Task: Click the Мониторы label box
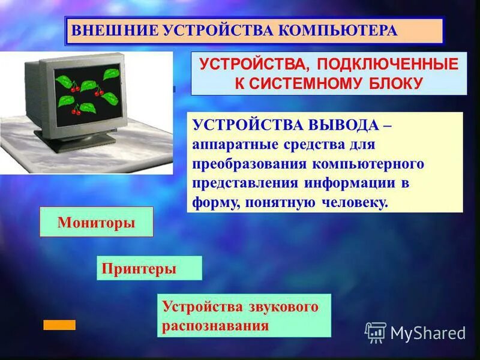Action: click(x=96, y=222)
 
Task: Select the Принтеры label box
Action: click(x=149, y=268)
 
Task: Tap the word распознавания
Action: click(x=214, y=326)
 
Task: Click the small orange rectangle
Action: click(x=59, y=325)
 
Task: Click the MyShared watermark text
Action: click(x=428, y=332)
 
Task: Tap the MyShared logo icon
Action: click(x=376, y=332)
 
